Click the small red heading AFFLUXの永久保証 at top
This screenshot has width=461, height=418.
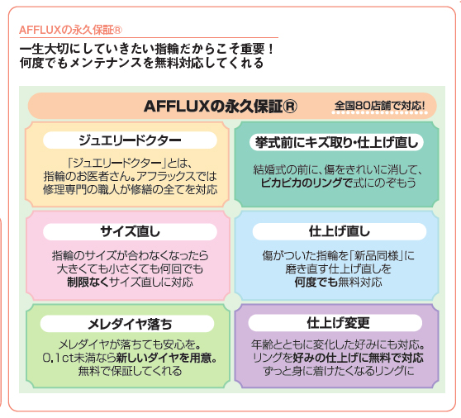tap(70, 30)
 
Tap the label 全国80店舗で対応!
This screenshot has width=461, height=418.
tap(379, 106)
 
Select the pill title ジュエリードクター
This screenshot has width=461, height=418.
tap(130, 140)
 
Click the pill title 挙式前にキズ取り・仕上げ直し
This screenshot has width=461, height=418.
tap(336, 143)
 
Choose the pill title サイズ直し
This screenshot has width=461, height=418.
tap(130, 231)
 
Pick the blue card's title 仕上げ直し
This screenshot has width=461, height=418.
tap(340, 231)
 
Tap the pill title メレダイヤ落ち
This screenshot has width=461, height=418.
tap(130, 324)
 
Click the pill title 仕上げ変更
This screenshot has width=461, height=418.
tap(338, 323)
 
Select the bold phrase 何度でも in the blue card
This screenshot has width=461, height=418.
tap(316, 283)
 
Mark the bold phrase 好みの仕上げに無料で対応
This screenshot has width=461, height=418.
tap(358, 358)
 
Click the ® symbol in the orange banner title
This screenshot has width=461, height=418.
tap(290, 106)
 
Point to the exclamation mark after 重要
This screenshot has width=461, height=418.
tap(271, 49)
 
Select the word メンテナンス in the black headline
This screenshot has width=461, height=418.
tap(106, 64)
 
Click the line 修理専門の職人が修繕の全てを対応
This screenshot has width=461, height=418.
tap(131, 190)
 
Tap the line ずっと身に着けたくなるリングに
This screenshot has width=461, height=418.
tap(339, 371)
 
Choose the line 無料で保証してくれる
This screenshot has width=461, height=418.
tap(130, 371)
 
